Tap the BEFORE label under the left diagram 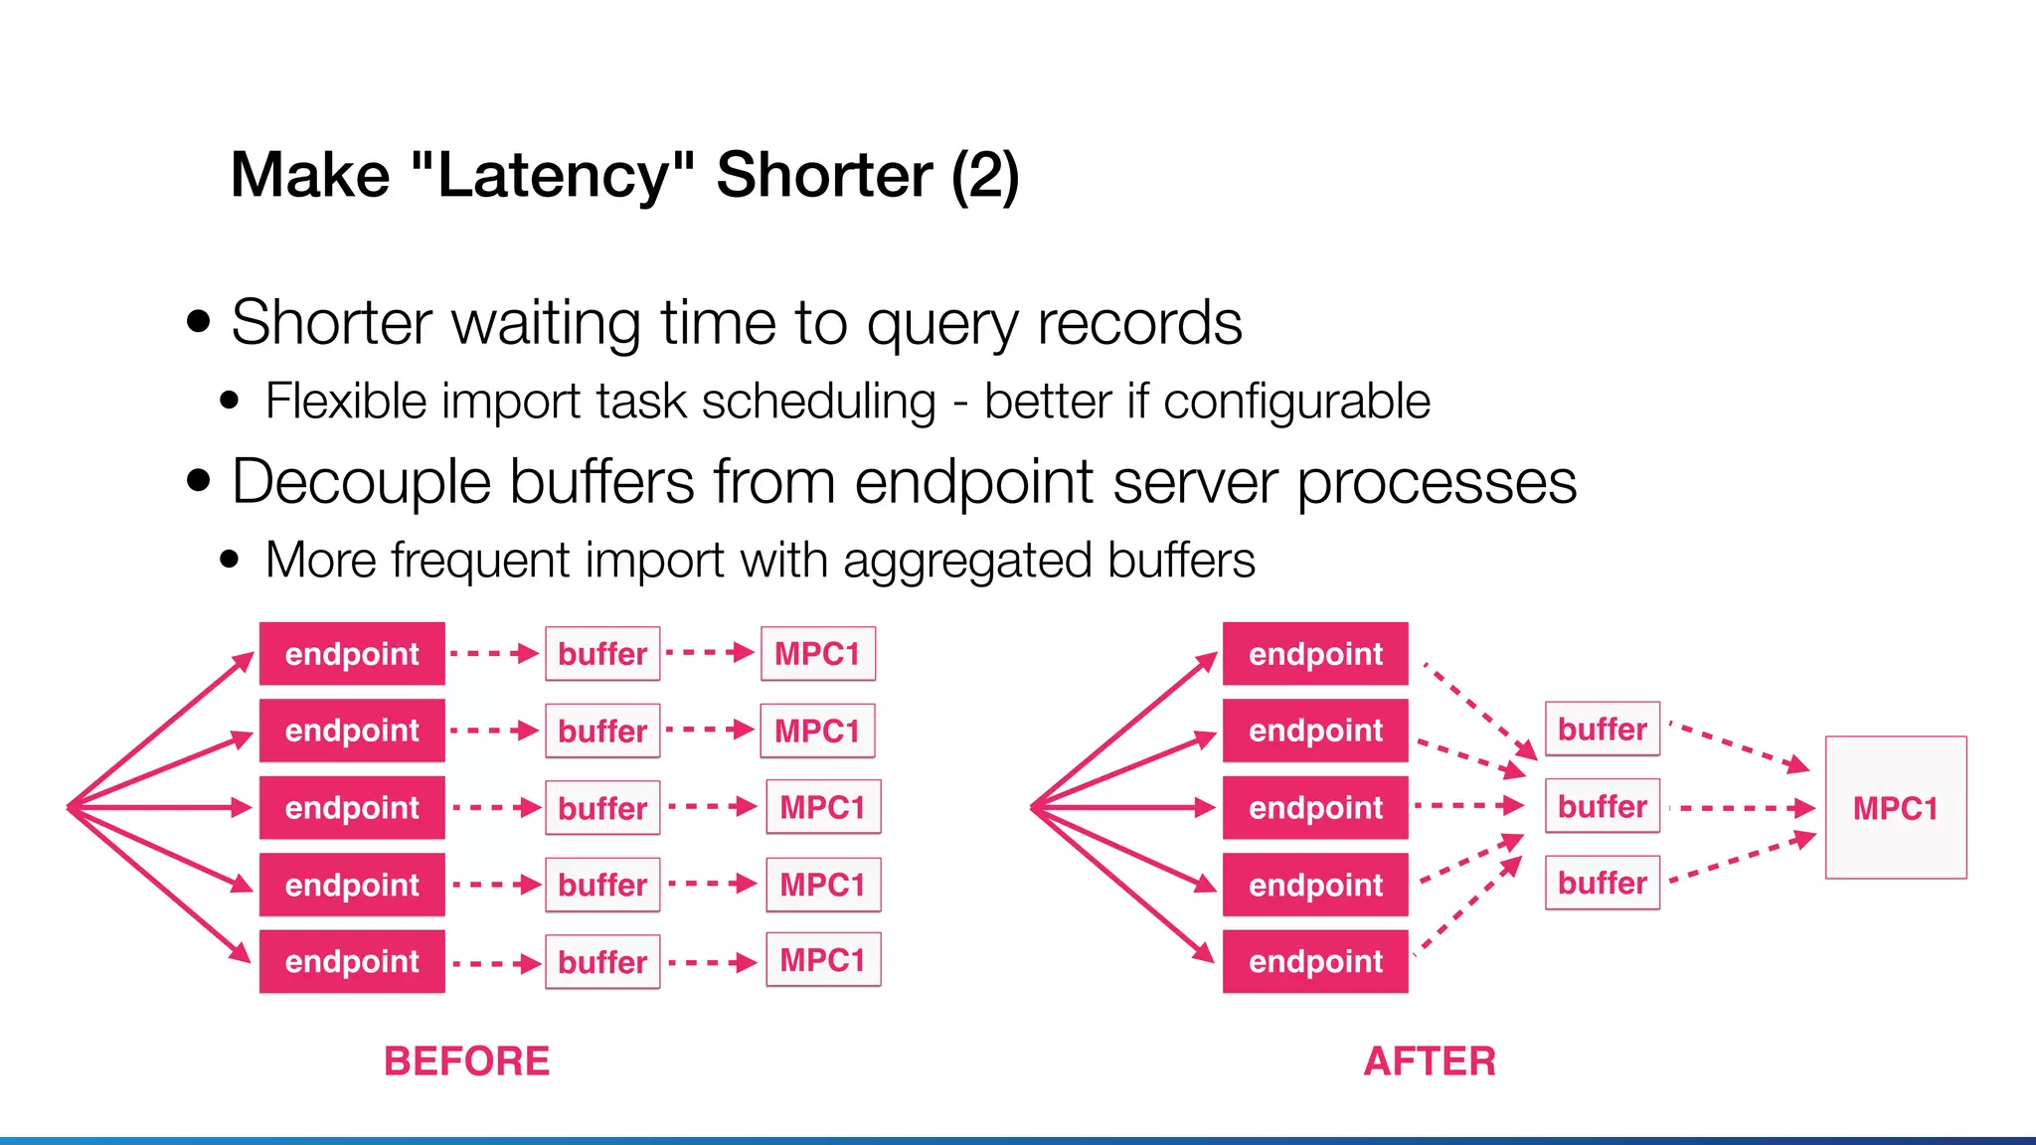click(466, 1062)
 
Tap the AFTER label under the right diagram click(1430, 1062)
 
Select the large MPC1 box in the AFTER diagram click(1895, 807)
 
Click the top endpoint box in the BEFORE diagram click(352, 654)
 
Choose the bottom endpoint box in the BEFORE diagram click(352, 961)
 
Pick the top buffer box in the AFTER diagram click(1602, 729)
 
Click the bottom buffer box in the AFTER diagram click(1602, 883)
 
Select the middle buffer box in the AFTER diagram click(1602, 806)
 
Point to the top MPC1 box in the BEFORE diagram click(817, 654)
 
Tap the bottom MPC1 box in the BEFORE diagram click(822, 960)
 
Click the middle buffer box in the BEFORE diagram click(602, 808)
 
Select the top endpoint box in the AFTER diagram click(1315, 654)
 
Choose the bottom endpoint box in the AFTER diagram click(1315, 961)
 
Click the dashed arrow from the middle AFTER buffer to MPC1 click(1740, 808)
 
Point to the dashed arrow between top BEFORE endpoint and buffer click(494, 654)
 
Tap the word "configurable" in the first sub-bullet click(1296, 403)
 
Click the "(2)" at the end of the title click(984, 176)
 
